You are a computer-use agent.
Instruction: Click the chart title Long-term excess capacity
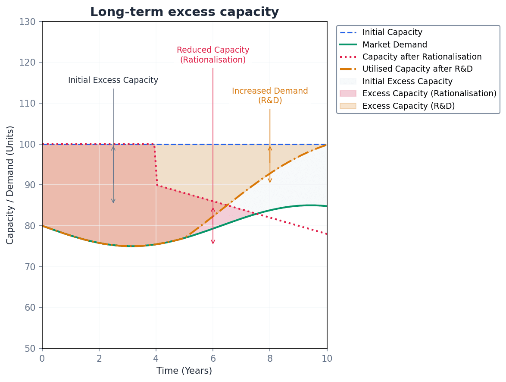pyautogui.click(x=184, y=12)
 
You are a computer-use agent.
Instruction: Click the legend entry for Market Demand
pyautogui.click(x=394, y=44)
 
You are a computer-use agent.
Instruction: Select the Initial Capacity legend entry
pyautogui.click(x=392, y=32)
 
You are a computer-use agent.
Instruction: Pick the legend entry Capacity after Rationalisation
pyautogui.click(x=422, y=57)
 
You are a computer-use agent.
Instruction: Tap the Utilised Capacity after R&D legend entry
pyautogui.click(x=417, y=69)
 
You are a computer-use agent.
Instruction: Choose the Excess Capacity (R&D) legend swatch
pyautogui.click(x=348, y=106)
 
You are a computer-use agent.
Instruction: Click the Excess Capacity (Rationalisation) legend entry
pyautogui.click(x=429, y=94)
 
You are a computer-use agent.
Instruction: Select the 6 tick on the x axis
pyautogui.click(x=213, y=358)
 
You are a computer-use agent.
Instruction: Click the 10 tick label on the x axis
pyautogui.click(x=327, y=358)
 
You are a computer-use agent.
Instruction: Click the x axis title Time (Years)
pyautogui.click(x=184, y=371)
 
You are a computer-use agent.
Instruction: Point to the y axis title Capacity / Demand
pyautogui.click(x=10, y=185)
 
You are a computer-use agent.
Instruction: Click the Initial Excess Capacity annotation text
pyautogui.click(x=113, y=80)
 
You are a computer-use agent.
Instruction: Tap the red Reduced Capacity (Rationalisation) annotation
pyautogui.click(x=213, y=55)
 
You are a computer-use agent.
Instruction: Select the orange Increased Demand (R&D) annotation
pyautogui.click(x=270, y=95)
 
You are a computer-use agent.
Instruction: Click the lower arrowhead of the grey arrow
pyautogui.click(x=113, y=201)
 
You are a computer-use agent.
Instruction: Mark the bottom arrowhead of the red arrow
pyautogui.click(x=213, y=242)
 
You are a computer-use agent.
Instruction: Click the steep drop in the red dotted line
pyautogui.click(x=155, y=164)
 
